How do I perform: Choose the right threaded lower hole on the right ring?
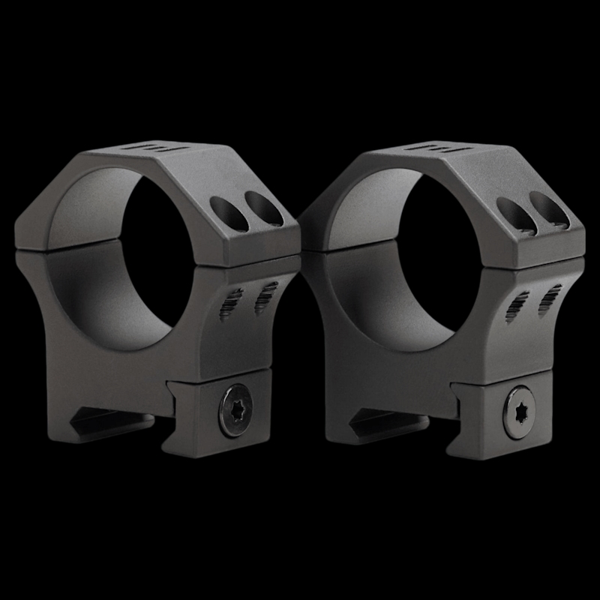coord(551,298)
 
